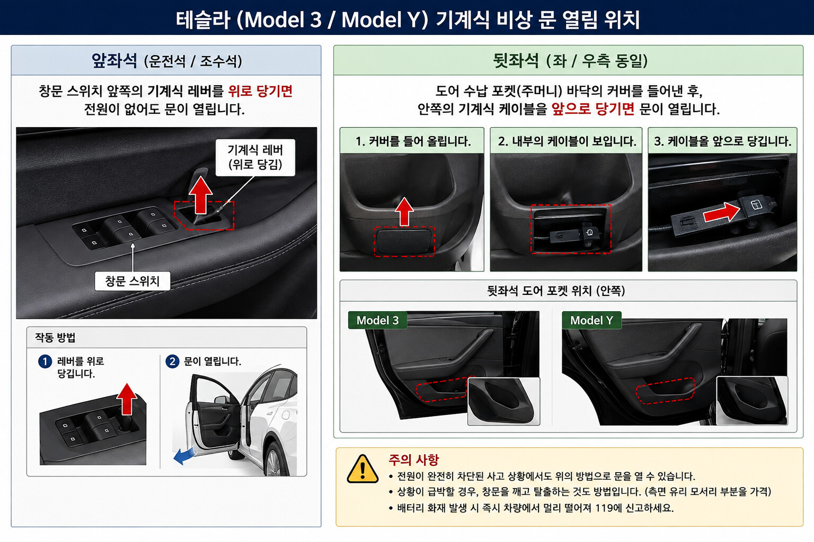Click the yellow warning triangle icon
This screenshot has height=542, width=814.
(362, 469)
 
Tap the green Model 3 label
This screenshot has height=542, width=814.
(377, 320)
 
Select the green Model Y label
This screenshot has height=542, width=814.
(591, 320)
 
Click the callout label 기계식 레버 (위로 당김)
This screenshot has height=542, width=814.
(255, 158)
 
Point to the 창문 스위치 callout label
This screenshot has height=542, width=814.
(132, 281)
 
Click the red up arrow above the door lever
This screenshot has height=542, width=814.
(201, 195)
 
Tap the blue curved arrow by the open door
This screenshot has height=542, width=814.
(184, 456)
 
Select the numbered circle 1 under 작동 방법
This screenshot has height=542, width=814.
(45, 362)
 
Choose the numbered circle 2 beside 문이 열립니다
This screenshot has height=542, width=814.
(172, 362)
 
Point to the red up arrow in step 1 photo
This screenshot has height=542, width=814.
(404, 212)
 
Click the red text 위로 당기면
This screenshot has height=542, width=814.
(260, 91)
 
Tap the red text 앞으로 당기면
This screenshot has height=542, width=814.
(593, 109)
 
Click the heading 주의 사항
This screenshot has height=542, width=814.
(413, 460)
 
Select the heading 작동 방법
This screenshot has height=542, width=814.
(55, 338)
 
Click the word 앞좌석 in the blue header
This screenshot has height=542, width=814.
(114, 60)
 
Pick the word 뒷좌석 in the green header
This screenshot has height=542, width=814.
(516, 60)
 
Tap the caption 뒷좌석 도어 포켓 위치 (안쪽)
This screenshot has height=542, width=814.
(556, 291)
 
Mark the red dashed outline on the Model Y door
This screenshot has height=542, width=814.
(666, 391)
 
